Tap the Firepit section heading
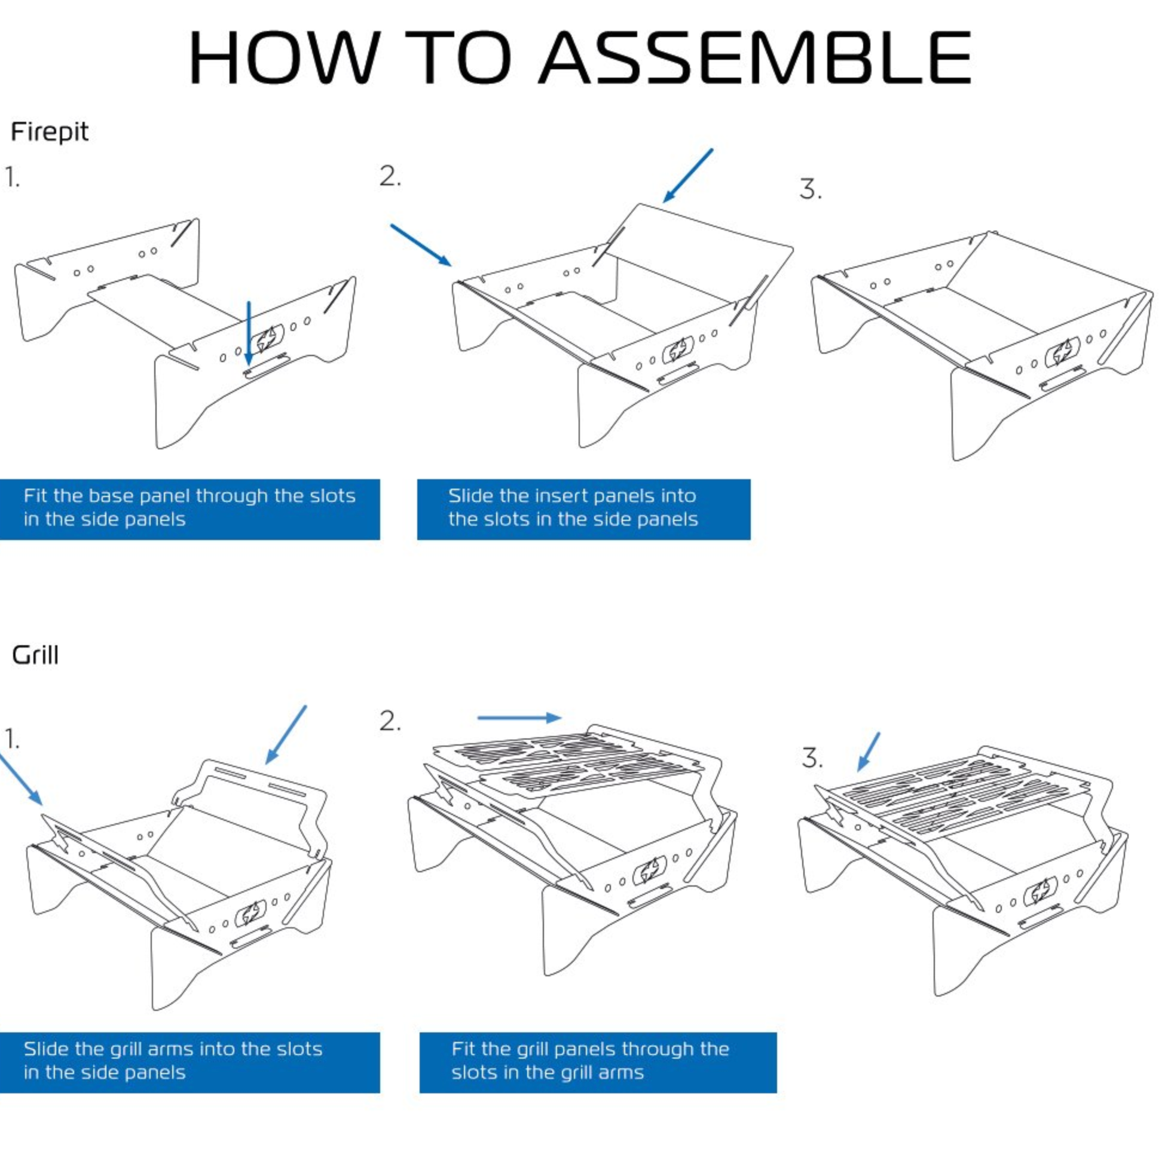point(50,132)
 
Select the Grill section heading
point(35,655)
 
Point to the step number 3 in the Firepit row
point(810,189)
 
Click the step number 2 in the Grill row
point(390,722)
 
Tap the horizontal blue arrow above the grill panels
point(519,718)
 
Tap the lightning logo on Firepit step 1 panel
point(268,339)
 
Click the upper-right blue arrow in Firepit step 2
point(687,176)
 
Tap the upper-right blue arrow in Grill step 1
point(286,734)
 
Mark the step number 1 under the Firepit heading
point(12,178)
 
